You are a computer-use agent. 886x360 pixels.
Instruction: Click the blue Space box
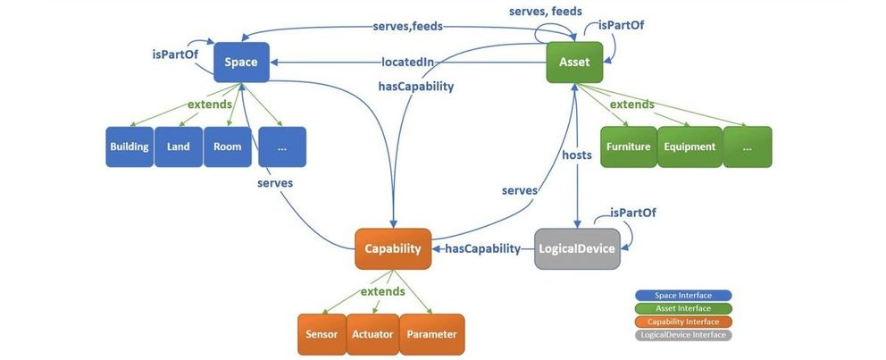click(x=242, y=63)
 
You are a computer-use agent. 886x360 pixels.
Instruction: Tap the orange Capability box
click(x=393, y=249)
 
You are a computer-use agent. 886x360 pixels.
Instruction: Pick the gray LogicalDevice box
click(x=577, y=249)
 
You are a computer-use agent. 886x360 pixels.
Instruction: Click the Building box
click(x=129, y=147)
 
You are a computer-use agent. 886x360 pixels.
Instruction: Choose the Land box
click(x=178, y=147)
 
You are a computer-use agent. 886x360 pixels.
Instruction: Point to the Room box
click(x=227, y=147)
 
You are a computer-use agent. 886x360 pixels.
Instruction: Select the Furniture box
click(x=628, y=147)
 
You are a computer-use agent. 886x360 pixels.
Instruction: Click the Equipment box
click(x=689, y=147)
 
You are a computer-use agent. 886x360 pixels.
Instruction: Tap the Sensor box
click(x=322, y=334)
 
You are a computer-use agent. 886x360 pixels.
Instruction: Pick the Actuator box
click(x=371, y=334)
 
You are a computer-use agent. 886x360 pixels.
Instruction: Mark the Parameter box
click(x=431, y=334)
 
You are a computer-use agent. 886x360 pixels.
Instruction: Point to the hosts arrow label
click(x=577, y=155)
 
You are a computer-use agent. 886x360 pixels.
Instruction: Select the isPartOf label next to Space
click(x=175, y=54)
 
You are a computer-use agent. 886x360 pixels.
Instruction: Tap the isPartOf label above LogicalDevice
click(x=635, y=213)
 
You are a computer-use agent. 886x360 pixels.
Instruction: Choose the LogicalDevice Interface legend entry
click(x=683, y=335)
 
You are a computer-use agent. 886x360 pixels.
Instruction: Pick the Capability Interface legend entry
click(x=683, y=322)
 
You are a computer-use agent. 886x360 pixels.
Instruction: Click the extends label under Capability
click(x=382, y=291)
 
